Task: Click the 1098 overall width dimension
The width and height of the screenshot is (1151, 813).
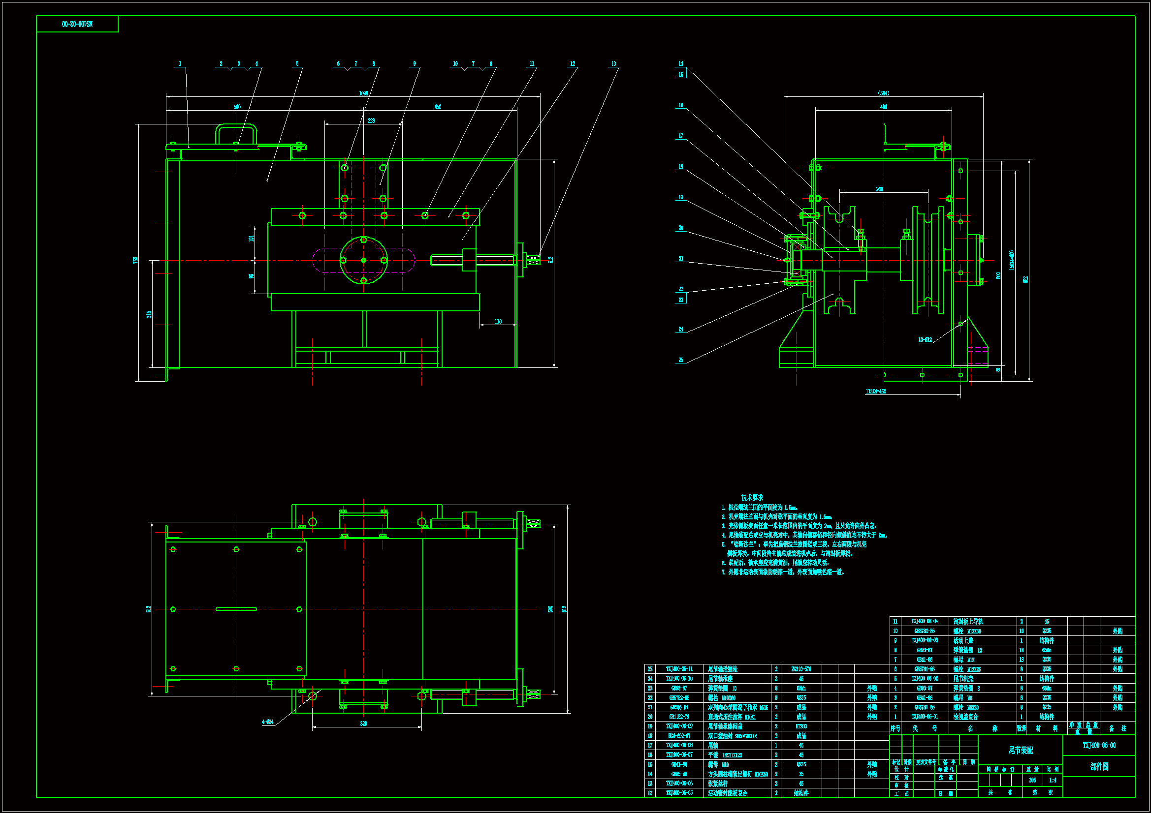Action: point(363,93)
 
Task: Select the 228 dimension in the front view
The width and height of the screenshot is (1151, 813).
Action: point(371,120)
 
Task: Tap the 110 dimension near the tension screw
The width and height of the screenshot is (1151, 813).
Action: point(498,322)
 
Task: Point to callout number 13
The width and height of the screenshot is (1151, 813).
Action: point(613,63)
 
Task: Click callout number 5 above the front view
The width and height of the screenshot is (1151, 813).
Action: point(297,63)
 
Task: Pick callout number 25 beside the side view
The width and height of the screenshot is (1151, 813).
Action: point(681,360)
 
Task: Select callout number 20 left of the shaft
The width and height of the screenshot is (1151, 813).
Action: point(681,228)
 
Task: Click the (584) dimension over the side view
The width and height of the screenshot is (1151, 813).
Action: point(883,93)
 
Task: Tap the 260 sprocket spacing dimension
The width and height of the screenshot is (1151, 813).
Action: point(879,189)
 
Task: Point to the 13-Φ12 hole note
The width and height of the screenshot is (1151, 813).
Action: point(925,340)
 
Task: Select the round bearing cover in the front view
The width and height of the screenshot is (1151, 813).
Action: point(364,260)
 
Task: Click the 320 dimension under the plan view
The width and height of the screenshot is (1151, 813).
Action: point(363,723)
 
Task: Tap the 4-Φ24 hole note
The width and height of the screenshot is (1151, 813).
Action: point(267,722)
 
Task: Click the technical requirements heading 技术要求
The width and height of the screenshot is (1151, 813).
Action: point(752,497)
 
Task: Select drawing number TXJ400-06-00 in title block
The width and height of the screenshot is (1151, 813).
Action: point(1099,746)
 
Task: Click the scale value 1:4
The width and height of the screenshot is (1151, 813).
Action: point(1052,780)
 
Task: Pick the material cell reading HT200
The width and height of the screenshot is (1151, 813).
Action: point(801,726)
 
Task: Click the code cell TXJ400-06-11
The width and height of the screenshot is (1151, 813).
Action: point(679,669)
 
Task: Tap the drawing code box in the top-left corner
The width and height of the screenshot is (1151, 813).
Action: point(77,24)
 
